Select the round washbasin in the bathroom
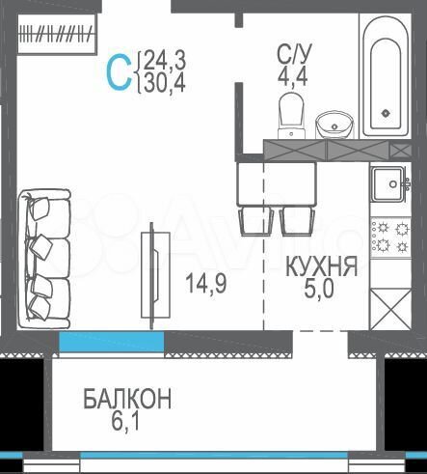[x=334, y=124]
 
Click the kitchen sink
[x=390, y=183]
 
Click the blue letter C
[x=120, y=72]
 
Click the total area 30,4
[x=166, y=84]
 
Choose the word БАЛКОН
[x=126, y=397]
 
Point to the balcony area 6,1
[x=126, y=420]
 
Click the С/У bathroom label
[x=292, y=54]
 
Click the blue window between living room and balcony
[x=110, y=342]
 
